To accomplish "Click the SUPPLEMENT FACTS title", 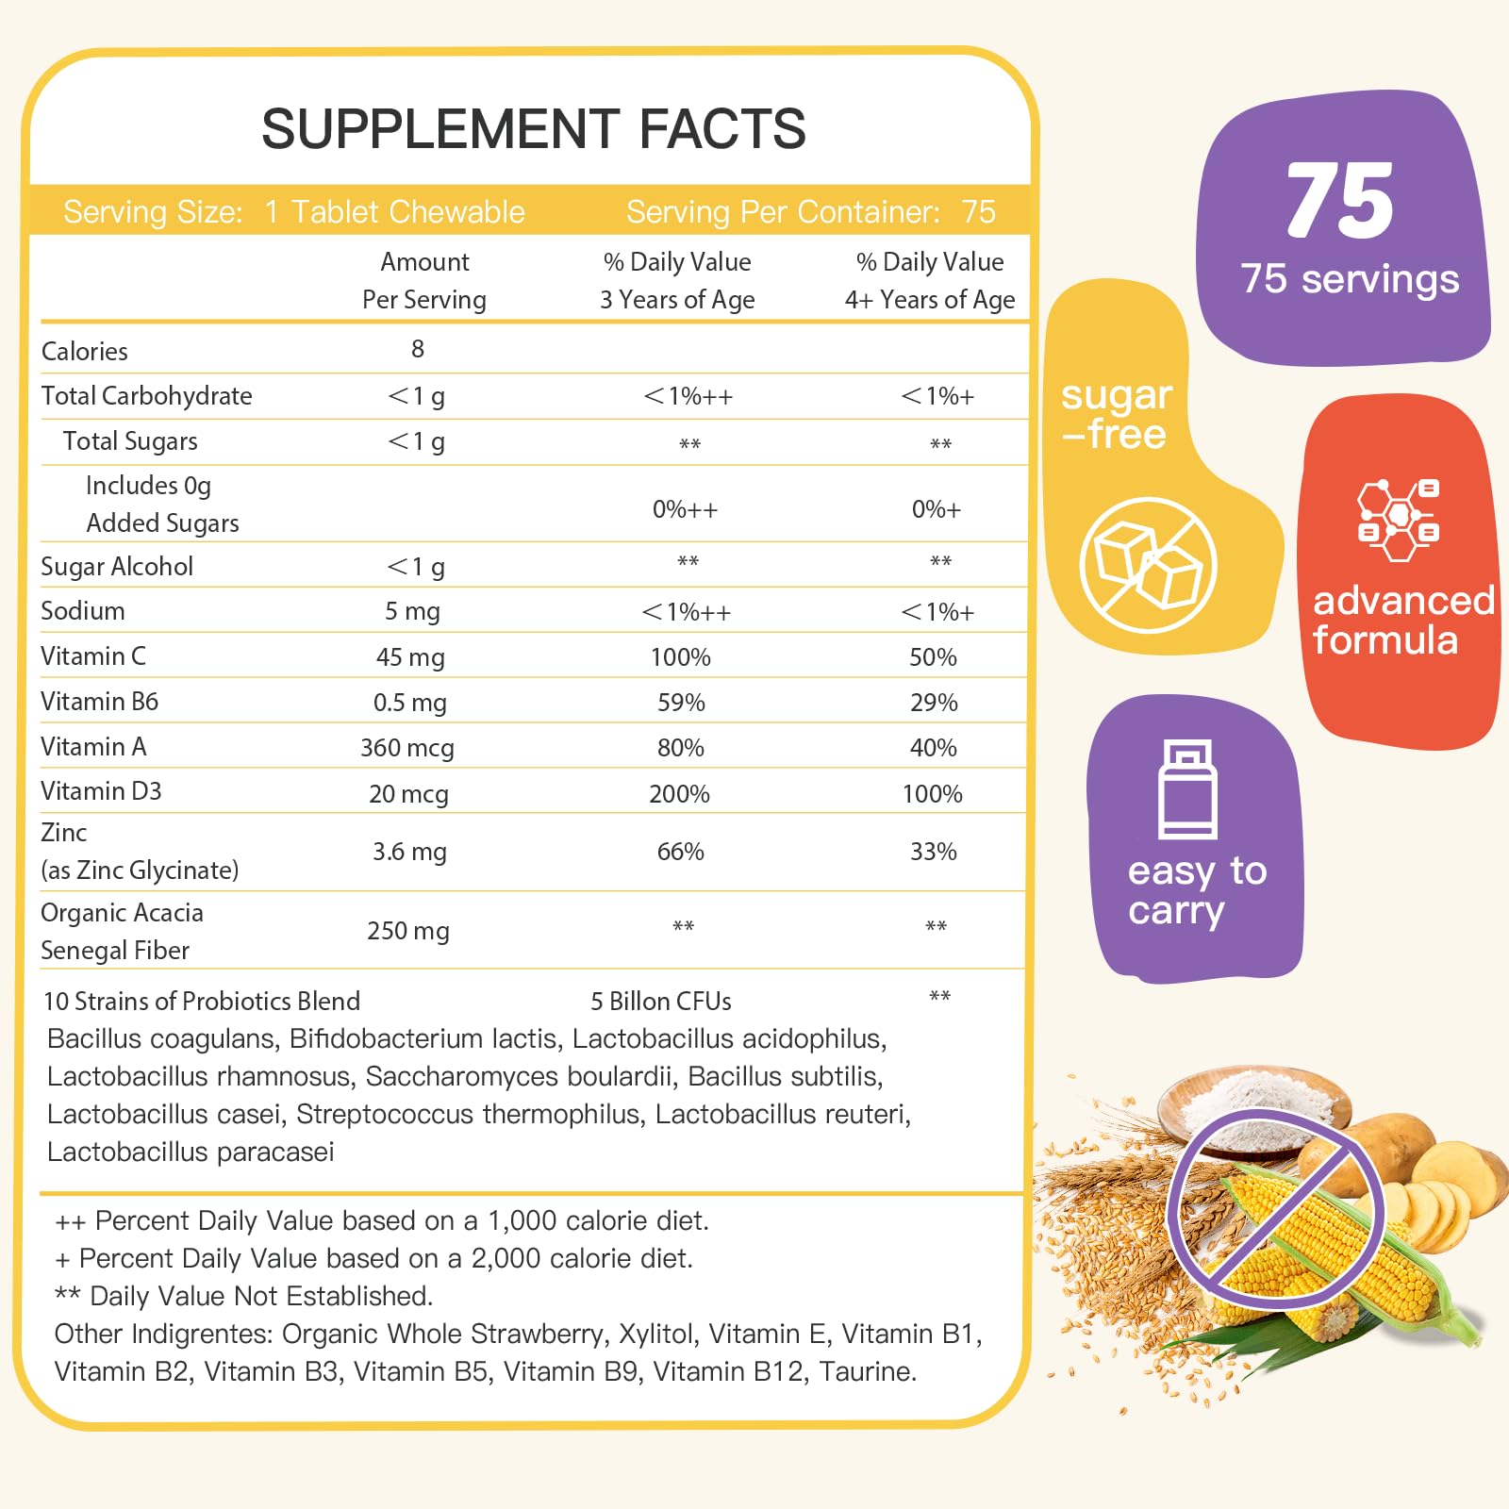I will [534, 129].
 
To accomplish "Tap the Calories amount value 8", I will [418, 349].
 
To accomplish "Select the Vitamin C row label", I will [93, 656].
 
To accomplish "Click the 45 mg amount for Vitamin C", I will [410, 657].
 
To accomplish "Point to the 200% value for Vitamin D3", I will [679, 794].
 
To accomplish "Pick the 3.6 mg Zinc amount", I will [409, 852].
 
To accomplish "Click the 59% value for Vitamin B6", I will [681, 703].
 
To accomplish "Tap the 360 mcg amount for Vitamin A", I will [407, 748].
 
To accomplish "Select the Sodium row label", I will [83, 611].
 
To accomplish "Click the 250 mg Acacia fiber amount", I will [408, 931].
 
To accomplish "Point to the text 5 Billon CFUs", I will [661, 1002].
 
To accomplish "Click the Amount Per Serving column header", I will [424, 280].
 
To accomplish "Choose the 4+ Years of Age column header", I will [930, 280].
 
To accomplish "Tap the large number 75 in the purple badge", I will [1339, 201].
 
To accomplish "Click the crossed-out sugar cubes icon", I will [1148, 565].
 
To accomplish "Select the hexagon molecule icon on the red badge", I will [1398, 519].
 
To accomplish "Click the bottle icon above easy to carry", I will [1187, 789].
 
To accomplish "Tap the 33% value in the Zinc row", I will [934, 852].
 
